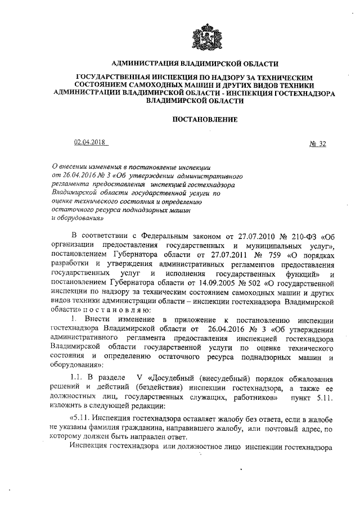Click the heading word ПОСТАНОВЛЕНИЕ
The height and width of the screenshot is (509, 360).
(x=203, y=119)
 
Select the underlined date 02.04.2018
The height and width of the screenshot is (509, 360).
(x=89, y=143)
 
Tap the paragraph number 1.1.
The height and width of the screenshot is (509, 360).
(x=77, y=376)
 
